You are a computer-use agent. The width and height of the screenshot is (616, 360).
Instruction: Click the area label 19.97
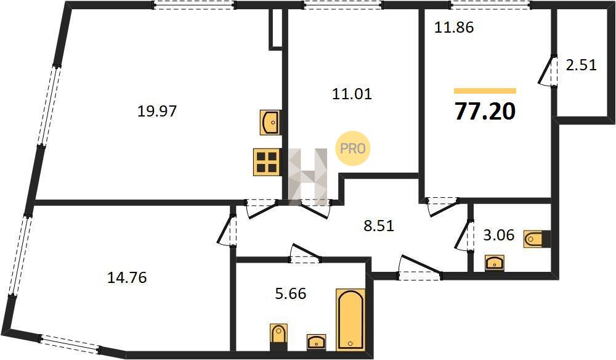157,112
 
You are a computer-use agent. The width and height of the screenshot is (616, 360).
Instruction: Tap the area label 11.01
352,94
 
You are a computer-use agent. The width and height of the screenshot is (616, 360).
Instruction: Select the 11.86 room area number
454,28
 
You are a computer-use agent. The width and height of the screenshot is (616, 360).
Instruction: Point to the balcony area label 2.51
581,65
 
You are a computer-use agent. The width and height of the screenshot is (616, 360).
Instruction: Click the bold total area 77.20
485,111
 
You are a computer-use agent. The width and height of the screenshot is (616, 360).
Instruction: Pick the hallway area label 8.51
379,226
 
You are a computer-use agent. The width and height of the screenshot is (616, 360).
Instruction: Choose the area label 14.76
127,278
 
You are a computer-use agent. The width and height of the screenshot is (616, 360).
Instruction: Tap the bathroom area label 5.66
291,293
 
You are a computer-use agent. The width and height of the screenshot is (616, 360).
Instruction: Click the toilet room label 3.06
498,235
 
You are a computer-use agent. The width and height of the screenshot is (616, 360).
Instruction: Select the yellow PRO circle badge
353,148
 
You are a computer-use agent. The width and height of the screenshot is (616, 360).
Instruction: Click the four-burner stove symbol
267,162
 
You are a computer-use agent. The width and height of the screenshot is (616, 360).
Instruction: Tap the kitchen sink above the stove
270,123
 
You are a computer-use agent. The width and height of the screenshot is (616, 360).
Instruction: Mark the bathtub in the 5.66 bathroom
351,319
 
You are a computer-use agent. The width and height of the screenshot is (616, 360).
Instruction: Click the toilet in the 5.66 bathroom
278,337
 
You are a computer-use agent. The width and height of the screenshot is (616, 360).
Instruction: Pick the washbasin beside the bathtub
316,342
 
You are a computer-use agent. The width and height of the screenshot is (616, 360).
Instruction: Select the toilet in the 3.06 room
537,239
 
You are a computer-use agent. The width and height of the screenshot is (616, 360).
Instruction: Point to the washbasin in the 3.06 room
495,263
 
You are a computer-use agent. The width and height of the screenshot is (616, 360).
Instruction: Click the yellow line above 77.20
485,91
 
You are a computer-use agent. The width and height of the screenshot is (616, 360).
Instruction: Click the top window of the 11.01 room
342,5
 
